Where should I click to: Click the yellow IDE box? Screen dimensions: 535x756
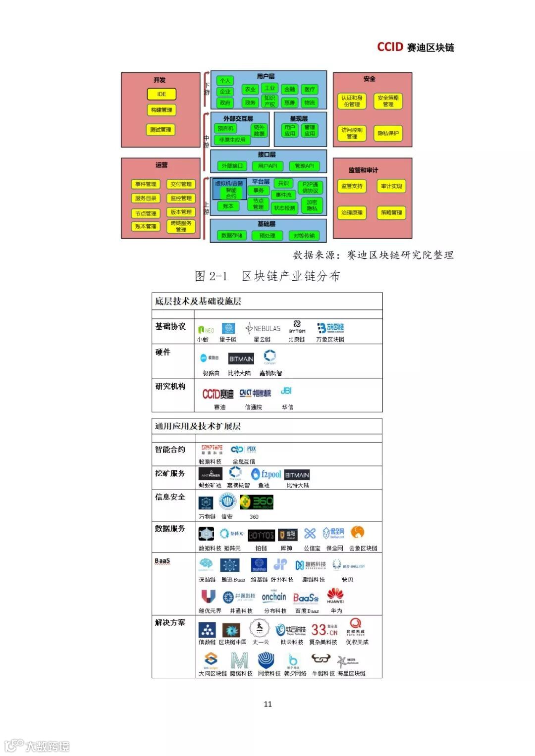pos(161,94)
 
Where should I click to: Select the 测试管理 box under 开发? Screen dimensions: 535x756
pos(161,130)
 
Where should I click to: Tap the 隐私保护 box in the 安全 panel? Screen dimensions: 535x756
pos(388,133)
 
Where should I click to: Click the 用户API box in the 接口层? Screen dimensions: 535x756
pos(267,166)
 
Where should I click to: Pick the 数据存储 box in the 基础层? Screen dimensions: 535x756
pos(231,235)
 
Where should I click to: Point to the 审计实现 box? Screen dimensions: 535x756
pos(391,186)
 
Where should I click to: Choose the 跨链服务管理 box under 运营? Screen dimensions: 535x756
pos(181,226)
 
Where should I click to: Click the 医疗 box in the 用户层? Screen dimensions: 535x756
pos(310,89)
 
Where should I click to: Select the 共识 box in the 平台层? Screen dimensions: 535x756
pos(283,183)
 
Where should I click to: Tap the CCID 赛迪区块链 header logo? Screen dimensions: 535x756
pos(415,47)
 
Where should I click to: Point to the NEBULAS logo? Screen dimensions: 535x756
pos(263,328)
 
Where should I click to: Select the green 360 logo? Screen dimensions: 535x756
pos(256,503)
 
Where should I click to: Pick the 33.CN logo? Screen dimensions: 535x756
pos(324,630)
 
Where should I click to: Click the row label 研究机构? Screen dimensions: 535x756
pos(170,386)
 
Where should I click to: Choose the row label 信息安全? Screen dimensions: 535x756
pos(170,497)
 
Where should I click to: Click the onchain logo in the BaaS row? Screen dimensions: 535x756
pos(274,597)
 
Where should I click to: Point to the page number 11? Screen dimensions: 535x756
pos(267,704)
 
